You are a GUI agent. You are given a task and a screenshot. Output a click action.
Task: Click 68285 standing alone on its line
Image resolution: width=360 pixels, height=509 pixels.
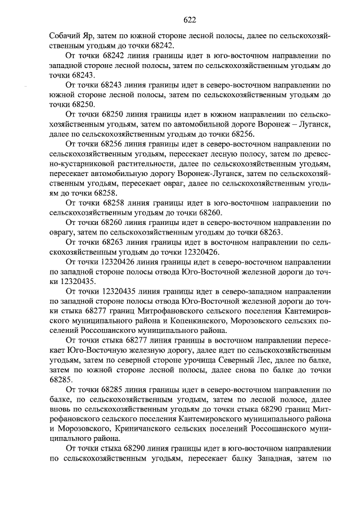(60, 379)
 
